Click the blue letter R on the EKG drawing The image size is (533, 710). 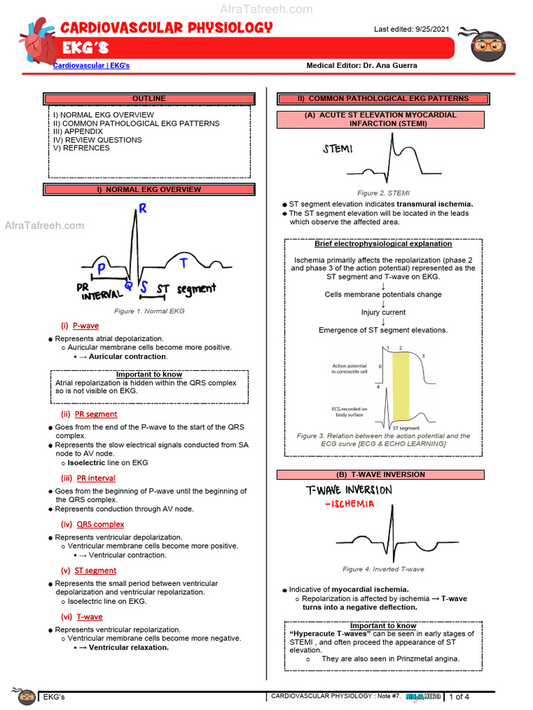pos(142,209)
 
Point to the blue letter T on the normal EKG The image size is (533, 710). pos(183,263)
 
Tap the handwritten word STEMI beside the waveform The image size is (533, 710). pos(337,149)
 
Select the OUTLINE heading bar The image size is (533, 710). pos(149,98)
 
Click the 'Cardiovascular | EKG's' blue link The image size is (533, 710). pos(92,65)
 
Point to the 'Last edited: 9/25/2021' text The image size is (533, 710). pos(412,29)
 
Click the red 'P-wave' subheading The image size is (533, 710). pos(87,325)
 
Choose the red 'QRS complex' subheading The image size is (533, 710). pos(100,524)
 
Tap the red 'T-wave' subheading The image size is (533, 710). pos(90,616)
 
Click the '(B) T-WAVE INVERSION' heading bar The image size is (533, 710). pos(380,475)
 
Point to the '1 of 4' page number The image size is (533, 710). pos(459,697)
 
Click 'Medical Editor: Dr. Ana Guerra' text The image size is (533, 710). pos(362,65)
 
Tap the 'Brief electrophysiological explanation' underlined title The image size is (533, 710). pos(383,244)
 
